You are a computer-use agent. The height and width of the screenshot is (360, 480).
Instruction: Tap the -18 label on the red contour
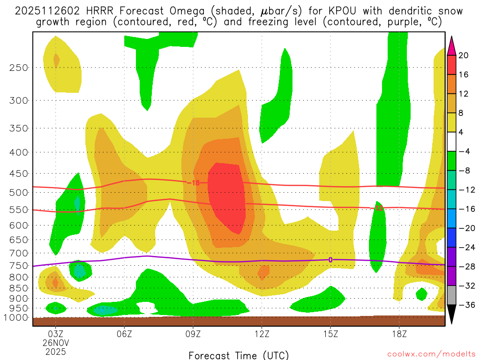tap(193, 182)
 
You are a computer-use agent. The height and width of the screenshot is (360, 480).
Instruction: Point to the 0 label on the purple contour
tap(330, 260)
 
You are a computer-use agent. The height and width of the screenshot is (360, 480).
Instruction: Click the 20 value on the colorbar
tap(464, 55)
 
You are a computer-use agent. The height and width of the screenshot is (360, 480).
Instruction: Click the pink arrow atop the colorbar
tap(451, 46)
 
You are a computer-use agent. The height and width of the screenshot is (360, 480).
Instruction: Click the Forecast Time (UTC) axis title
tap(239, 355)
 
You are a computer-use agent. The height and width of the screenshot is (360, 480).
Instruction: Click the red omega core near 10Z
tap(227, 197)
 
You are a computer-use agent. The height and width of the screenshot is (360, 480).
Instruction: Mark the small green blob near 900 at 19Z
tap(421, 294)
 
